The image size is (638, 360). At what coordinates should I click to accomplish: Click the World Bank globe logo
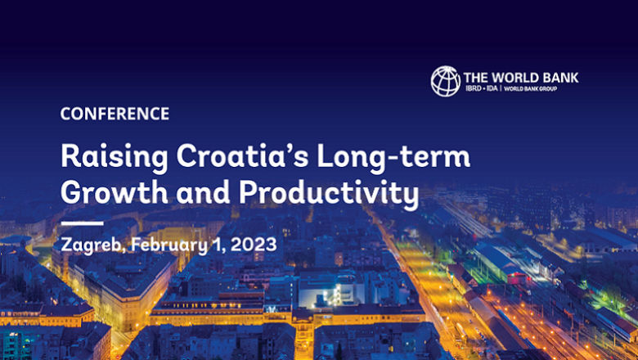(x=446, y=81)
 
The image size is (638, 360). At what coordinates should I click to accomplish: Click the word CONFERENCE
(x=115, y=114)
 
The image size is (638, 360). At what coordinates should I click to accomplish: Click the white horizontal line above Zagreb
(x=82, y=223)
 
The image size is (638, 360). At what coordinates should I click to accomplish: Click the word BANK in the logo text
(x=559, y=78)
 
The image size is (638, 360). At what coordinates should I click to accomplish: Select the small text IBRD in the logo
(x=474, y=88)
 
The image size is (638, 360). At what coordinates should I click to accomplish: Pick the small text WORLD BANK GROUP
(x=531, y=88)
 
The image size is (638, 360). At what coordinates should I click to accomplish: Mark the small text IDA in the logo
(x=492, y=88)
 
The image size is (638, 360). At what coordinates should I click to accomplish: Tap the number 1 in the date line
(x=216, y=243)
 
